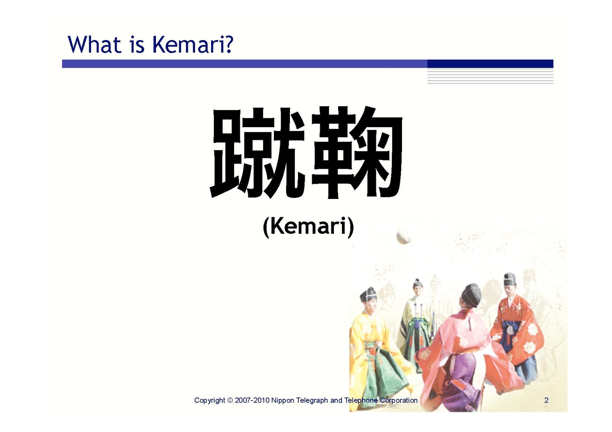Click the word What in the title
click(94, 44)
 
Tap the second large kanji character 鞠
click(357, 153)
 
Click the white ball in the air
click(403, 236)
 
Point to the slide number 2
click(546, 400)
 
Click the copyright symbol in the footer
click(230, 400)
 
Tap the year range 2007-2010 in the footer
click(252, 400)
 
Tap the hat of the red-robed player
click(510, 279)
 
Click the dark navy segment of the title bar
click(490, 64)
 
